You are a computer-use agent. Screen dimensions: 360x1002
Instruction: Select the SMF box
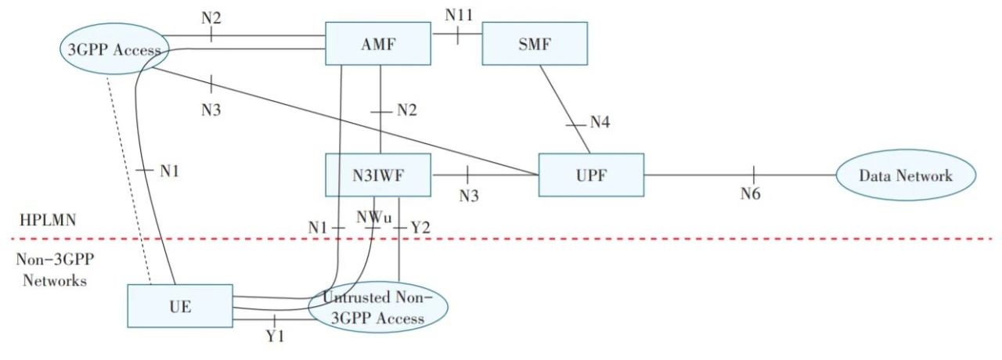click(x=535, y=44)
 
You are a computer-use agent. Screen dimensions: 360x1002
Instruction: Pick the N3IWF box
click(x=378, y=175)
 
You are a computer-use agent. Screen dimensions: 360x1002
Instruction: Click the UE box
click(x=180, y=306)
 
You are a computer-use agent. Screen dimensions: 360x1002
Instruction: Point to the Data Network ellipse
click(x=906, y=175)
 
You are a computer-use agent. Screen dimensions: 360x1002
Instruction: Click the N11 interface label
click(x=460, y=14)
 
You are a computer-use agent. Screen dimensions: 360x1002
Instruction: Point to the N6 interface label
click(x=751, y=193)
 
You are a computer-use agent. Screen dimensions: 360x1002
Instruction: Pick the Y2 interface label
click(x=420, y=228)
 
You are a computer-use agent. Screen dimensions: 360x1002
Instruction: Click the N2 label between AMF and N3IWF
click(x=405, y=110)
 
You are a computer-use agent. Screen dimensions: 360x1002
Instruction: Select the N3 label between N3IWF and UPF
click(x=468, y=196)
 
